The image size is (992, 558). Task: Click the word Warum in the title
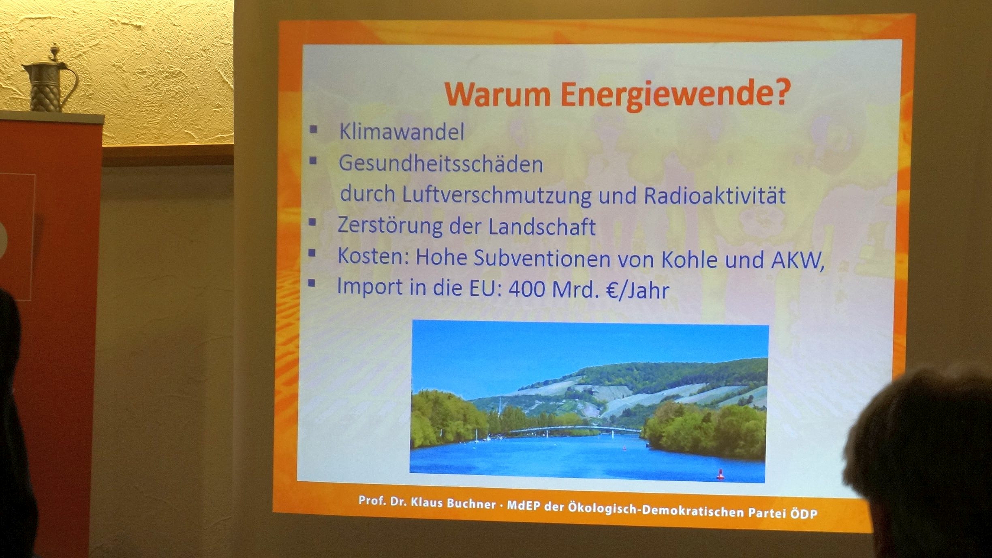[497, 94]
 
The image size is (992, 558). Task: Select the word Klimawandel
[401, 131]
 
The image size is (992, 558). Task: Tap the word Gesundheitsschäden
[440, 164]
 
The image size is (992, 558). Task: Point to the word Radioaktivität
[714, 195]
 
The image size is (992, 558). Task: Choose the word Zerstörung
[390, 225]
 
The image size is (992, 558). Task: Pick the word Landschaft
[542, 226]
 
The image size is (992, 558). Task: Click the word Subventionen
[542, 258]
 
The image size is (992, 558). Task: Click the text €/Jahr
[638, 290]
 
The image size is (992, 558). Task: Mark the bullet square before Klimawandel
[313, 129]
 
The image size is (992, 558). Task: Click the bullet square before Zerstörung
[312, 222]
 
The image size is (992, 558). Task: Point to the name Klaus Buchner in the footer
[453, 503]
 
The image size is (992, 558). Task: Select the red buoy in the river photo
[720, 474]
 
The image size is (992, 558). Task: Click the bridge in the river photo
[573, 429]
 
